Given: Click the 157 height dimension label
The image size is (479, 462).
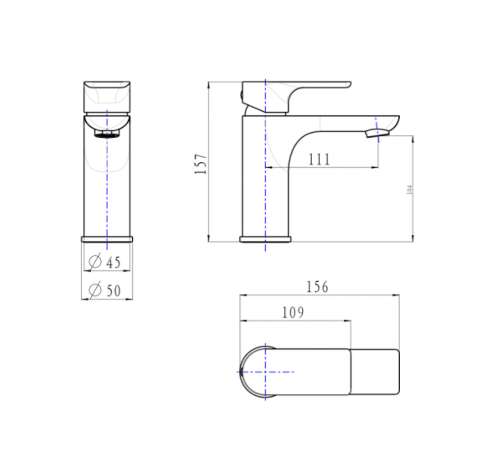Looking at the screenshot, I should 201,164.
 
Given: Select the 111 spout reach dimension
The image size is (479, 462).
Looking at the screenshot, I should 319,159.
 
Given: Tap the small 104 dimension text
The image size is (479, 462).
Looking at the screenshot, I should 409,190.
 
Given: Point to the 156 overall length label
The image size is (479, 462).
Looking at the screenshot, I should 317,287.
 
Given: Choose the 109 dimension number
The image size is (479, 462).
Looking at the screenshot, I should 293,313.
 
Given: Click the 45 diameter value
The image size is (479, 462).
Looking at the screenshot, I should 113,263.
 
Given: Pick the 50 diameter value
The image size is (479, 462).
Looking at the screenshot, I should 113,291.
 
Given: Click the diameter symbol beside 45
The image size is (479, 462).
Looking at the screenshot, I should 94,262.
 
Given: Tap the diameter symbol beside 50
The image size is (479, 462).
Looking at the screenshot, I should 94,290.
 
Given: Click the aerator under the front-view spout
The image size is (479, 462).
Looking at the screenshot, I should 107,134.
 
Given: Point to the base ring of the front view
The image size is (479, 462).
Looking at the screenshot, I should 107,239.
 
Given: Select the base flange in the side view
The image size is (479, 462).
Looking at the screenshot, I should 265,239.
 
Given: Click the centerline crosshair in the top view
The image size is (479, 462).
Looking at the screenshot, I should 265,371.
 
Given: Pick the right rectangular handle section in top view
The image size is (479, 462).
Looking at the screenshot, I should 374,372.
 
